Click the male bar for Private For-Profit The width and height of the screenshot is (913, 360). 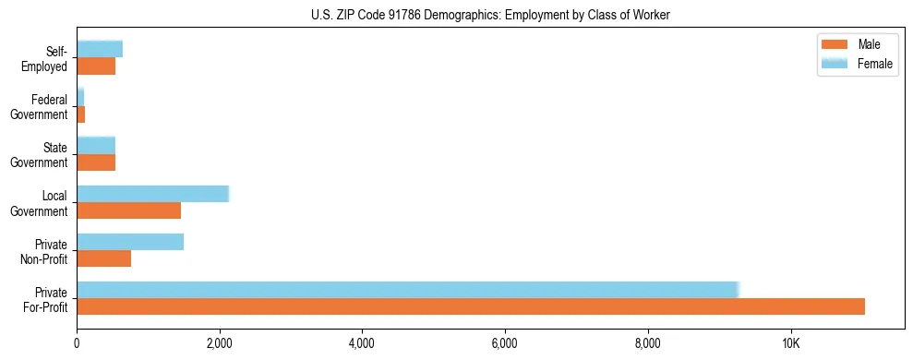471,306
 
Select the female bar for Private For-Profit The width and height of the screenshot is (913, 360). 408,290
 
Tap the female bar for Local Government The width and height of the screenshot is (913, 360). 152,194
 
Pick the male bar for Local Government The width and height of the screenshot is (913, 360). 128,210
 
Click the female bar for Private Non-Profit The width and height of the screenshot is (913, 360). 130,242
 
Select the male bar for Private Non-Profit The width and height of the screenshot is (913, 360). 103,258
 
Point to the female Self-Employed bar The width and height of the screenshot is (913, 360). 100,49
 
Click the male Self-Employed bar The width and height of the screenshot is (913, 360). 96,66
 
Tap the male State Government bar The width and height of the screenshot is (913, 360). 96,162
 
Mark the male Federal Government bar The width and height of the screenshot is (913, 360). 81,114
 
